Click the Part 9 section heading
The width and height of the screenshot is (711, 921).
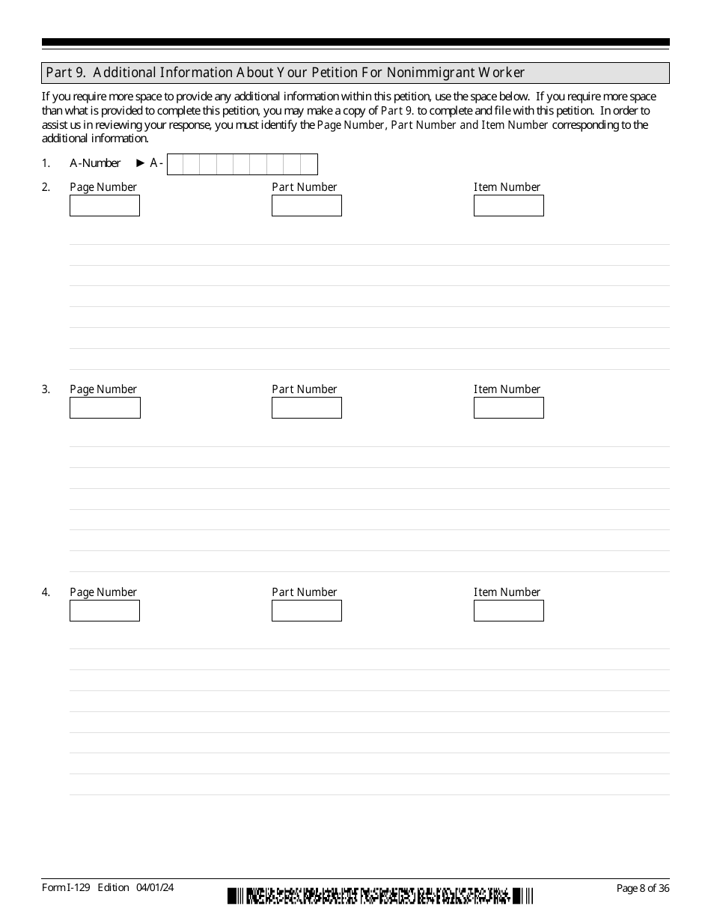tap(284, 73)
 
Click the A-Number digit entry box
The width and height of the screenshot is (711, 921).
tap(242, 164)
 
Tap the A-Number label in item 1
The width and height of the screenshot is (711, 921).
tap(95, 163)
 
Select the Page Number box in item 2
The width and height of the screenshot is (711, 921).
tap(105, 206)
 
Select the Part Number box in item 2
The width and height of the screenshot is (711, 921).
tap(306, 206)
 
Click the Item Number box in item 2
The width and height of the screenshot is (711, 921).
tap(508, 206)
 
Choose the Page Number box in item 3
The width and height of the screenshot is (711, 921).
tap(105, 408)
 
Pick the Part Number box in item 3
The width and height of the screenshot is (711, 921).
tap(306, 408)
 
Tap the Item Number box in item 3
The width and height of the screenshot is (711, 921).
tap(508, 408)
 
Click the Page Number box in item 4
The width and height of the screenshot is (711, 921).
tap(105, 611)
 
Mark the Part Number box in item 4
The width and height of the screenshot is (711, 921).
tap(306, 611)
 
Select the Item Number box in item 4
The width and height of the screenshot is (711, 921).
tap(508, 611)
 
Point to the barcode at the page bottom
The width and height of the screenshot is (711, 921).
tap(380, 895)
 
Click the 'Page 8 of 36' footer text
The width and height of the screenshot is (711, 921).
tap(642, 888)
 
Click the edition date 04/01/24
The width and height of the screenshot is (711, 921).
tap(155, 887)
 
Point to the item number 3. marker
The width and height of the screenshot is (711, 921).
tap(46, 389)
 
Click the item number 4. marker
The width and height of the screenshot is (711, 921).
tap(46, 592)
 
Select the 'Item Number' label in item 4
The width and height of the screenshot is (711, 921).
tap(507, 592)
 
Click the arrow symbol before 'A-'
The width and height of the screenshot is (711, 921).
tap(140, 163)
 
